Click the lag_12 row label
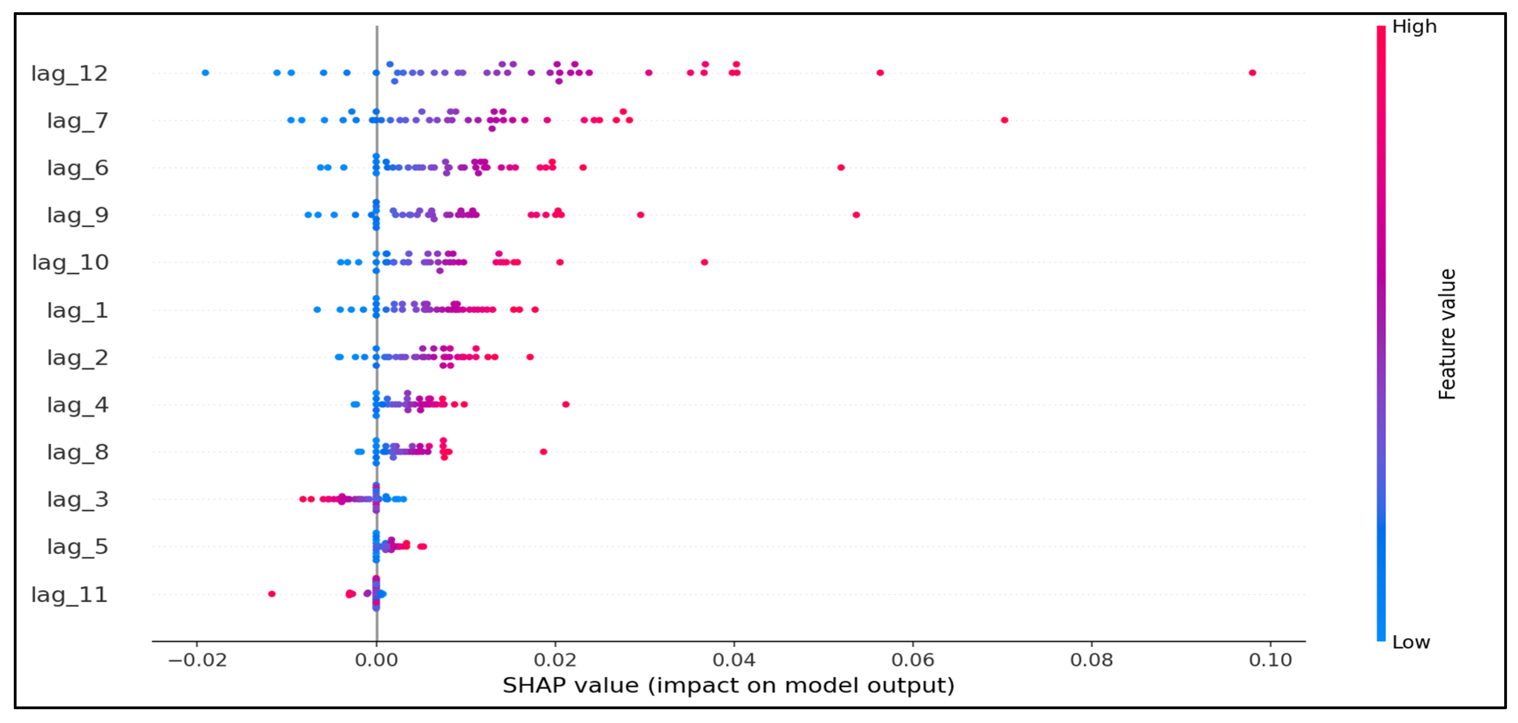[69, 74]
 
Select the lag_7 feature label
[78, 121]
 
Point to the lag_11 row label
[69, 595]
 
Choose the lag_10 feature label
[70, 263]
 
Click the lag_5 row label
[78, 547]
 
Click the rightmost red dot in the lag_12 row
[1252, 73]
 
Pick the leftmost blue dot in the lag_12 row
[205, 73]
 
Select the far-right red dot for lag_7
[1005, 120]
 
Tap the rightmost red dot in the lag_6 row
[841, 168]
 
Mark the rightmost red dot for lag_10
[704, 263]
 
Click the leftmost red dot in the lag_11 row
[272, 594]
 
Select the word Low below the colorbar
[1411, 642]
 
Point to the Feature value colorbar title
[1447, 334]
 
